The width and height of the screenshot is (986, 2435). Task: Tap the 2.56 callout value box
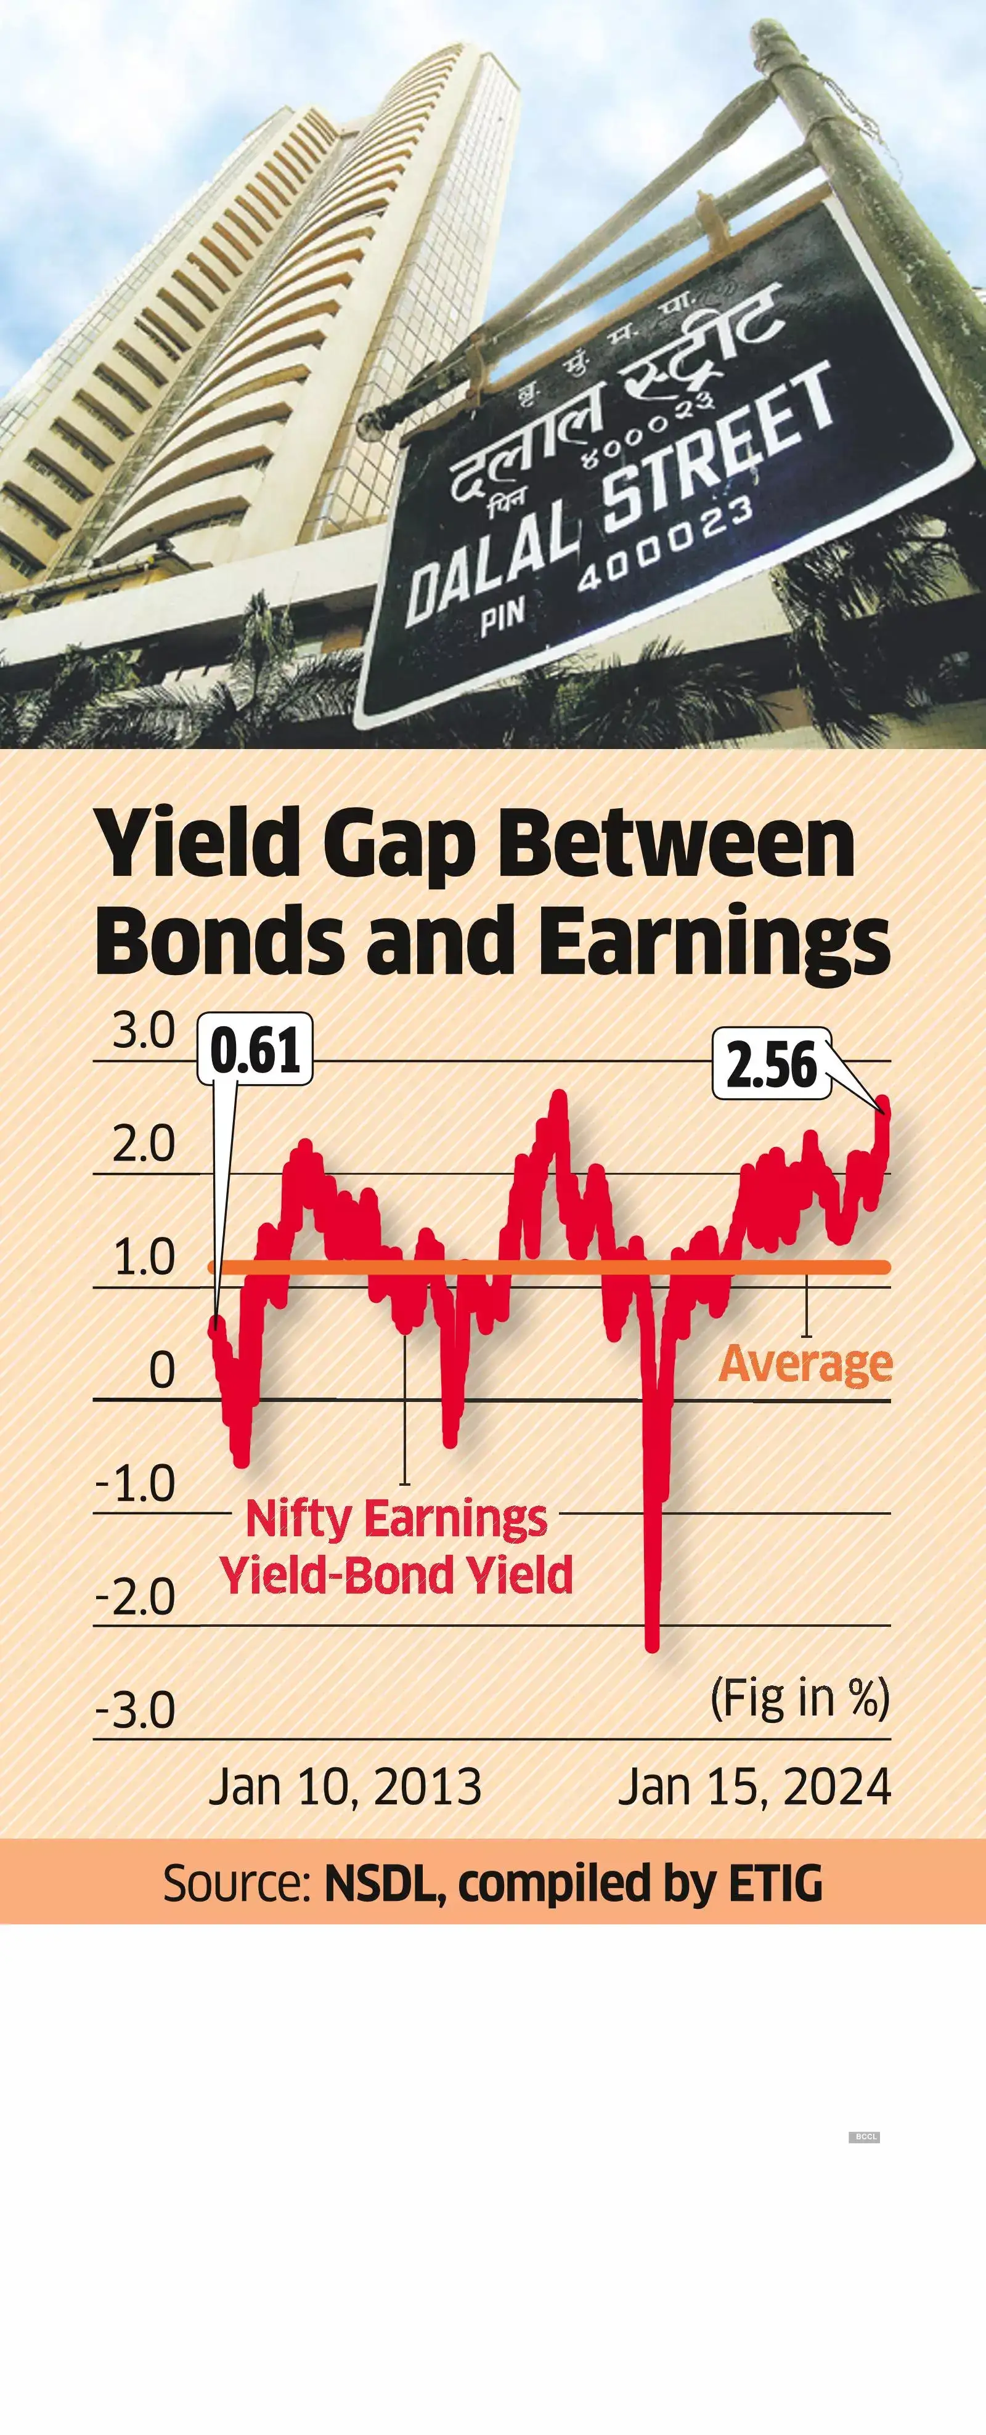tap(770, 1064)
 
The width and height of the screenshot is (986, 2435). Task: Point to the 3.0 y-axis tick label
tap(144, 1031)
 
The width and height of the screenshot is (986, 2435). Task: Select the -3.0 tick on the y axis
tap(136, 1710)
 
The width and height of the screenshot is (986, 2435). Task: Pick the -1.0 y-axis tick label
tap(136, 1483)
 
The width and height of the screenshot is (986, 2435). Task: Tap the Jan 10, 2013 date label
tap(345, 1786)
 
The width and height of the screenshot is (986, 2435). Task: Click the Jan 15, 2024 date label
tap(754, 1786)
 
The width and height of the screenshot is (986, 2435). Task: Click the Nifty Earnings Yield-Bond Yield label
tap(396, 1547)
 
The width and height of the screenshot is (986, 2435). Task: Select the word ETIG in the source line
tap(775, 1883)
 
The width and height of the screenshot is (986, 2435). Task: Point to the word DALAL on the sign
tap(492, 567)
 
